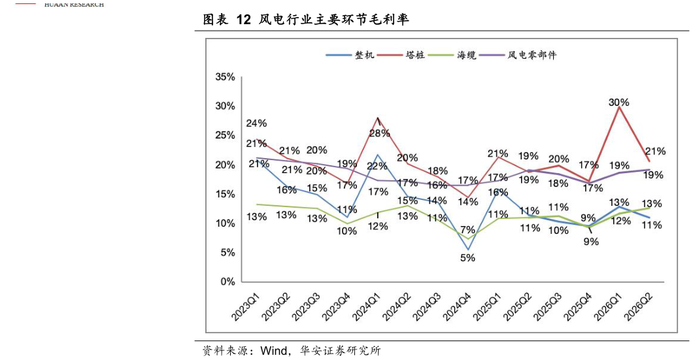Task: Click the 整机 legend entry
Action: point(350,56)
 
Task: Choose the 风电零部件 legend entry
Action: point(518,56)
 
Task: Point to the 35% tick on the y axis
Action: point(225,77)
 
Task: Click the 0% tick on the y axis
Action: point(228,282)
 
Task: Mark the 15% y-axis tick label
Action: point(225,194)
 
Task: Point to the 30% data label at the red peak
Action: point(618,103)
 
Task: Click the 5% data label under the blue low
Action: point(467,258)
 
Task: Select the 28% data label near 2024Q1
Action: point(380,133)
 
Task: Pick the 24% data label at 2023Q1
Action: point(256,123)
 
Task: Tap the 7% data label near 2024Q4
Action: point(467,230)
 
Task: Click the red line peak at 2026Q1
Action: point(618,107)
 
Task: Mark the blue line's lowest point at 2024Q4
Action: point(468,250)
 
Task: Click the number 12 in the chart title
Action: point(243,20)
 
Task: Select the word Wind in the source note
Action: point(273,351)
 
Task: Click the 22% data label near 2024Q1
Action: point(377,167)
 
